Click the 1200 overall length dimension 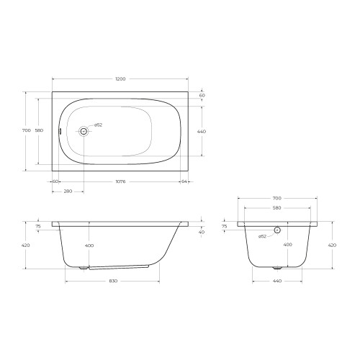coord(120,79)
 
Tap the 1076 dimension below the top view coord(120,181)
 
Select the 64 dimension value coord(184,181)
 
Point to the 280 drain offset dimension coord(68,192)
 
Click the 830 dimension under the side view coord(113,281)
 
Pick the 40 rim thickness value coord(202,232)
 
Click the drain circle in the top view coord(84,131)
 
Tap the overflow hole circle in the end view coord(277,230)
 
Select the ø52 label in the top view coord(98,125)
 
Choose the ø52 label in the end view coord(263,236)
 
